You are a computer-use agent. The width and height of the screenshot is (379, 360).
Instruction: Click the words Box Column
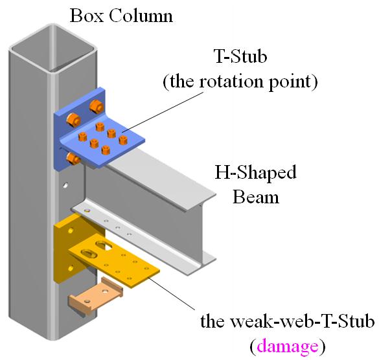[121, 16]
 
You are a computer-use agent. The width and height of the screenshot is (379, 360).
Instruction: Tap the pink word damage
[288, 346]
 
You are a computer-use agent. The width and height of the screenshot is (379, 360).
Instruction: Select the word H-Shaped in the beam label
[255, 172]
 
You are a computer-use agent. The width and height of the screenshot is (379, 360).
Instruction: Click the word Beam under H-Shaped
[256, 197]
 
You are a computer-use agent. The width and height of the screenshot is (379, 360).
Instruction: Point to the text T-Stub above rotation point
[241, 56]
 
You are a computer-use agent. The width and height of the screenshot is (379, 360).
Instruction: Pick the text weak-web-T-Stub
[302, 321]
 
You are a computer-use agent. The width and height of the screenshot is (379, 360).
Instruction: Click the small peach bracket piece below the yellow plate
[95, 296]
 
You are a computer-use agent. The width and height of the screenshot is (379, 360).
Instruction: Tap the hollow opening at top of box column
[52, 49]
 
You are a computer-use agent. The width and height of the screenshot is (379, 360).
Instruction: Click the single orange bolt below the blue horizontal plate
[73, 158]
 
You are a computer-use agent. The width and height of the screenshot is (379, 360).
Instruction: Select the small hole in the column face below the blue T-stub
[65, 185]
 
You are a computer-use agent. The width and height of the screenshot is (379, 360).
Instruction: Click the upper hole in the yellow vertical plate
[71, 231]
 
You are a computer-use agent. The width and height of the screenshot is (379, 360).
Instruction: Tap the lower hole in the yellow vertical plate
[71, 267]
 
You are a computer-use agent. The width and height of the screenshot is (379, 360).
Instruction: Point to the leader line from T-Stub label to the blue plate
[162, 112]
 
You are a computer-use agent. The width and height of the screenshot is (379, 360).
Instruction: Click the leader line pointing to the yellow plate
[172, 293]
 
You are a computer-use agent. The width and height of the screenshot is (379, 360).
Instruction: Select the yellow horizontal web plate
[113, 261]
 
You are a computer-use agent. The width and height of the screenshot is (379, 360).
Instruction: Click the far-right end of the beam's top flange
[215, 194]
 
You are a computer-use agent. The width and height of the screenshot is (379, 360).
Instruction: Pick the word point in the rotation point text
[290, 82]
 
